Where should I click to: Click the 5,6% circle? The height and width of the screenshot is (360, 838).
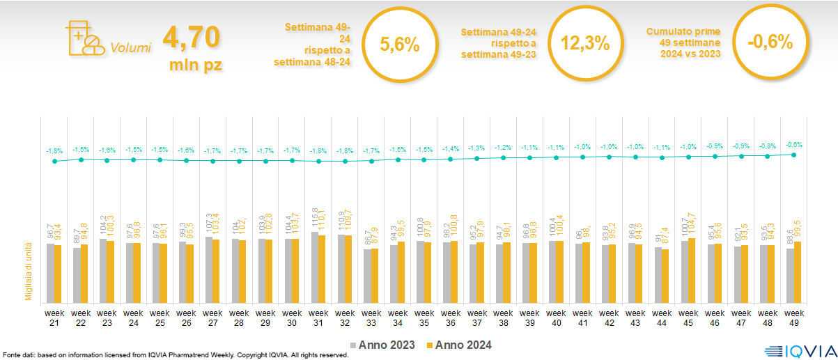(400, 44)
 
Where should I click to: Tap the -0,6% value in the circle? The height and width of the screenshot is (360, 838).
(770, 42)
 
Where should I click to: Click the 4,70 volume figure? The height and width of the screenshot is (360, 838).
(191, 36)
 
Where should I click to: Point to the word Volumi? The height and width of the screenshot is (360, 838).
(130, 49)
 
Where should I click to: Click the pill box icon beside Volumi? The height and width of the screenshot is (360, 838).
(83, 38)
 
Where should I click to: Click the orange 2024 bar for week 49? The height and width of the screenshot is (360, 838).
(798, 271)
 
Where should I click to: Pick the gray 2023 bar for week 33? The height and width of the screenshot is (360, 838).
(368, 275)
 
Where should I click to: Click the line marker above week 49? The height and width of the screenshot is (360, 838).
(794, 155)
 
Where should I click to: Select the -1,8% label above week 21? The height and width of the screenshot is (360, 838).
(54, 150)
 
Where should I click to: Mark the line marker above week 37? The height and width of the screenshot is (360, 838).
(477, 159)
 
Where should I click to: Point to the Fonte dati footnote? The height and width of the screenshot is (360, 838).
(174, 355)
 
